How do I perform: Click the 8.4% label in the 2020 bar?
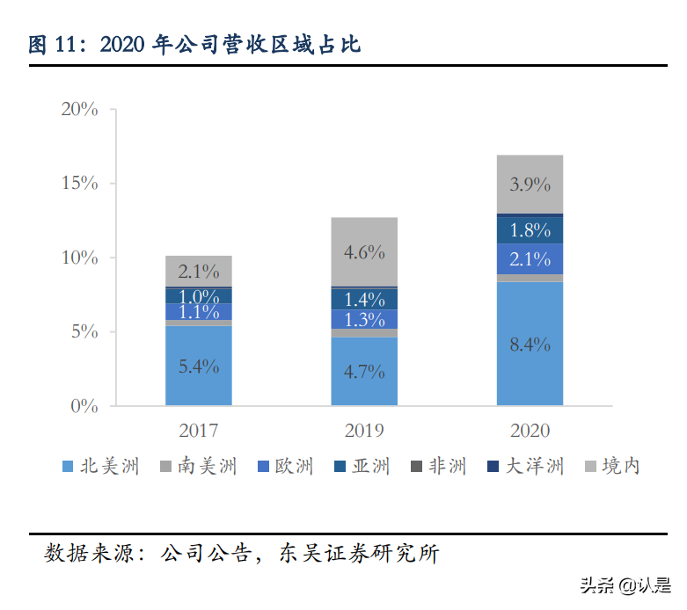pos(530,345)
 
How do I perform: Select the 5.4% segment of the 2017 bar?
pos(199,367)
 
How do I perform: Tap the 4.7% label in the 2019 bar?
pos(364,372)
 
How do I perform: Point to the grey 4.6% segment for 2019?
pos(364,252)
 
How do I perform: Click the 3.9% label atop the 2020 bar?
pos(530,185)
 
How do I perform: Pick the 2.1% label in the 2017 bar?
pos(199,272)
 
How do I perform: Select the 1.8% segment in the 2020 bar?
pos(530,230)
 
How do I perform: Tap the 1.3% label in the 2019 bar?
pos(364,319)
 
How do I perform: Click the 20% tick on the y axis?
pos(79,109)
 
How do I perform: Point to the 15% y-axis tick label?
pos(79,183)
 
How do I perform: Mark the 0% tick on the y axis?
pos(84,406)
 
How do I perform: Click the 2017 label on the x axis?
pos(199,431)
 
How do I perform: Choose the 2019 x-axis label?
pos(364,431)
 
